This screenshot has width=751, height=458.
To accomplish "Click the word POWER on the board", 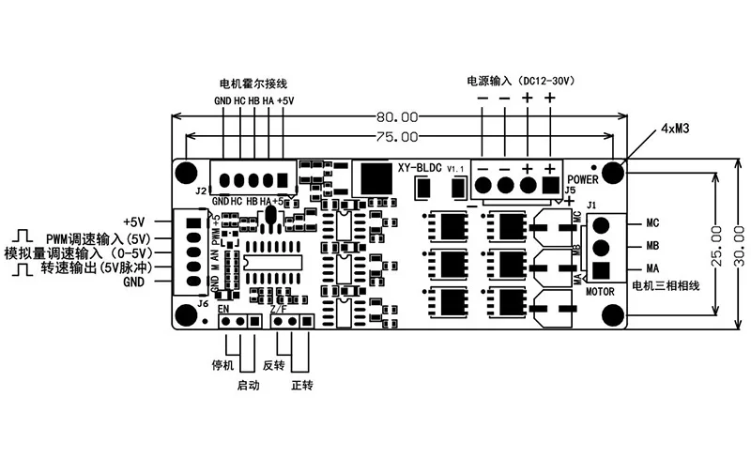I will click(583, 178).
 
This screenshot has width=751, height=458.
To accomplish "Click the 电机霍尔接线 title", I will click(253, 83).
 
